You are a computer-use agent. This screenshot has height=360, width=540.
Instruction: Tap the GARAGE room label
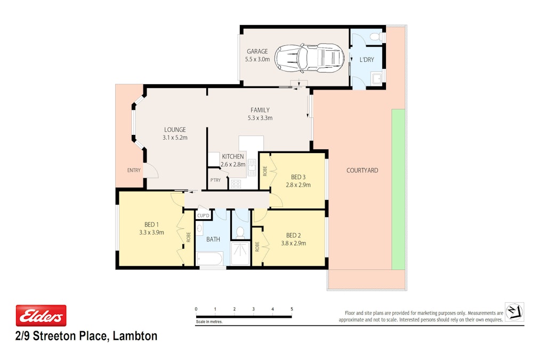point(257,52)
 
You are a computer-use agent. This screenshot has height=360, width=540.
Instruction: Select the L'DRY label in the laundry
point(367,60)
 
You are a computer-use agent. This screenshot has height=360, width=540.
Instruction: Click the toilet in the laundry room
point(375,37)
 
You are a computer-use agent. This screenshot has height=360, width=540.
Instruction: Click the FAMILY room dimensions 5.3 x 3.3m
point(260,118)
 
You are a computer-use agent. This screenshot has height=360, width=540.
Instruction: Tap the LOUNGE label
point(175,130)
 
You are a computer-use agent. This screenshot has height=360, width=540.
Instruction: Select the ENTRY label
point(134,170)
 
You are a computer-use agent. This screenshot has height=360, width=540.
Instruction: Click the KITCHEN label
point(233,157)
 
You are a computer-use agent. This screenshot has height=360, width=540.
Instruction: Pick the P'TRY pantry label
point(215,180)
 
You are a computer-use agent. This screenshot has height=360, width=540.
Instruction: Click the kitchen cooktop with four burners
point(235,184)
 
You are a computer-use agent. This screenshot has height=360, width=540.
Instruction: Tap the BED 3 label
point(299,177)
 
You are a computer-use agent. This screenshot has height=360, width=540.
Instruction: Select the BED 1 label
point(151,225)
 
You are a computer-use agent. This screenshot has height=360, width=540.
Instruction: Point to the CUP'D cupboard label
point(203,216)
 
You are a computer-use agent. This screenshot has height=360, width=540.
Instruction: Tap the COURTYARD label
point(362,170)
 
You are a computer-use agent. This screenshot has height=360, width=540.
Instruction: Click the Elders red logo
point(41,316)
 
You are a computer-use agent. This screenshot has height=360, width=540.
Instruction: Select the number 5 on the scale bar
point(292,309)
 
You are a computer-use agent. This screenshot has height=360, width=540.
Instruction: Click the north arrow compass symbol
point(514,311)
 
